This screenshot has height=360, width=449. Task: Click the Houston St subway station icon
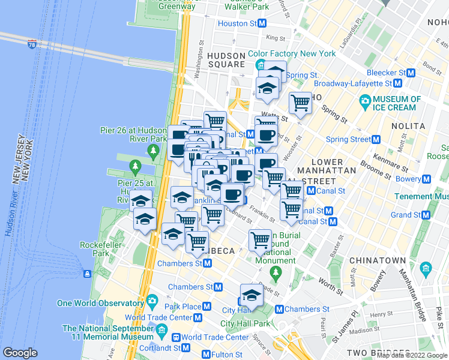pyautogui.click(x=262, y=23)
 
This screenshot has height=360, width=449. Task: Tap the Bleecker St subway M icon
pyautogui.click(x=411, y=73)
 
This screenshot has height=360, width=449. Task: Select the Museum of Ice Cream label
pyautogui.click(x=397, y=103)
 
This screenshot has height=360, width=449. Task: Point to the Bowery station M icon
pyautogui.click(x=426, y=179)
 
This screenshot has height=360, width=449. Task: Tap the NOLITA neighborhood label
pyautogui.click(x=408, y=127)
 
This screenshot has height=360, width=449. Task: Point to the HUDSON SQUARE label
pyautogui.click(x=226, y=59)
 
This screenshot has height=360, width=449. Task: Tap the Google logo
pyautogui.click(x=20, y=353)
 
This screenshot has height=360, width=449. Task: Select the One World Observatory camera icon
pyautogui.click(x=152, y=300)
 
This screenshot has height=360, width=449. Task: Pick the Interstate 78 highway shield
pyautogui.click(x=32, y=44)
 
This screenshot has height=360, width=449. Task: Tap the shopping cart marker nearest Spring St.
pyautogui.click(x=300, y=103)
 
